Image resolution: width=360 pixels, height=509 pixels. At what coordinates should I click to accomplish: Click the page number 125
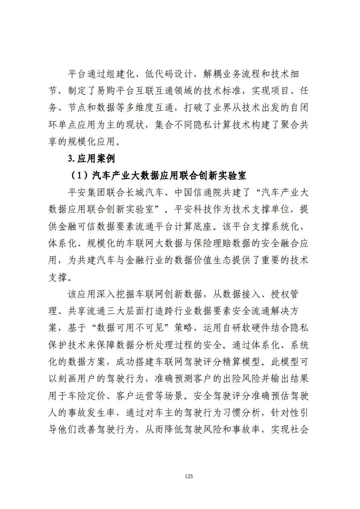tap(189, 476)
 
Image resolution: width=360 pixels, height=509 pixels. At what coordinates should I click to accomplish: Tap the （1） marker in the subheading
tap(80, 174)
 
